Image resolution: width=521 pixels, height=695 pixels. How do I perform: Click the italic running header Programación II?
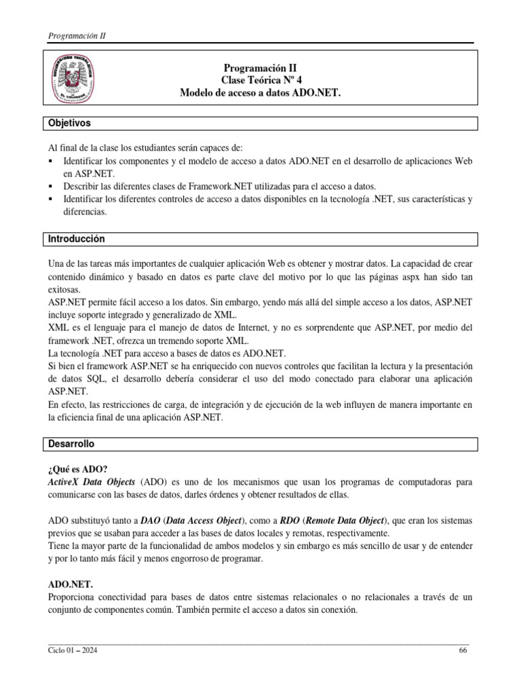77,36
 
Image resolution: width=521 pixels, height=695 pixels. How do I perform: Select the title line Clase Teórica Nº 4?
260,80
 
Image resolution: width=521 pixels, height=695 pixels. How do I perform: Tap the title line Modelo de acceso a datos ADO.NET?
260,92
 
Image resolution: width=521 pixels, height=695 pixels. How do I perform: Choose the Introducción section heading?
75,239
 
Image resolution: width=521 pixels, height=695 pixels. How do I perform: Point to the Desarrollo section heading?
71,444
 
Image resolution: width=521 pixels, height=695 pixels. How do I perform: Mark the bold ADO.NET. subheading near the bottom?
71,584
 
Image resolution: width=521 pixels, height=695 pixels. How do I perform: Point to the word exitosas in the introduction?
64,288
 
